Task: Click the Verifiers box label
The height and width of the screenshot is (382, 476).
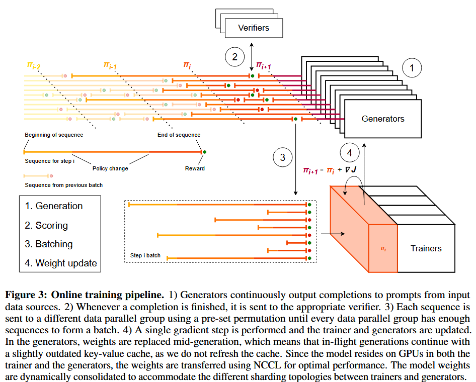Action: [x=254, y=28]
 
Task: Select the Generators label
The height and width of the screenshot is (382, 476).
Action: [x=383, y=119]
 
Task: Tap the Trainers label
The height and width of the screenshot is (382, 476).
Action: [x=426, y=248]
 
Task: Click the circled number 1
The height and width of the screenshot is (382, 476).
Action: [x=412, y=68]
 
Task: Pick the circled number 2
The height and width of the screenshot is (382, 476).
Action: [x=234, y=57]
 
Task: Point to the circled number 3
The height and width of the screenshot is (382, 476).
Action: [x=282, y=157]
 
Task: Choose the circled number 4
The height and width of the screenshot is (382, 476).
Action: [x=350, y=153]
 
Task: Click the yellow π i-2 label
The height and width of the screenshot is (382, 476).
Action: [x=33, y=65]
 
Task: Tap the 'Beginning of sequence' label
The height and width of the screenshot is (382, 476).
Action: [x=54, y=135]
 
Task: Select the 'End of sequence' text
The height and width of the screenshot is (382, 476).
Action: [x=179, y=135]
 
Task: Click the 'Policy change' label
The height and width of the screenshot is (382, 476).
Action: [x=110, y=168]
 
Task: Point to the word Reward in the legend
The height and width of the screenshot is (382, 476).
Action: [x=195, y=168]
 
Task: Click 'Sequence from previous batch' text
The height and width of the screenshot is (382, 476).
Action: [x=64, y=185]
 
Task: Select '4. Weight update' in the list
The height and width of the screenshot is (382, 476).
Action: [x=61, y=263]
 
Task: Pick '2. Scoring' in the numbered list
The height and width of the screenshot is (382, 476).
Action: [x=46, y=225]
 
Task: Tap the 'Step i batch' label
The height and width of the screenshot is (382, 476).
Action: [x=145, y=255]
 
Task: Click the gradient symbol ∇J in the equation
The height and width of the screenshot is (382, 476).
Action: [x=351, y=170]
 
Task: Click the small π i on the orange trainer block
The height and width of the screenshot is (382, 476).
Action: [x=383, y=249]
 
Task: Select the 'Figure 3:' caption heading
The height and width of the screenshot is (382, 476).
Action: [x=26, y=295]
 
